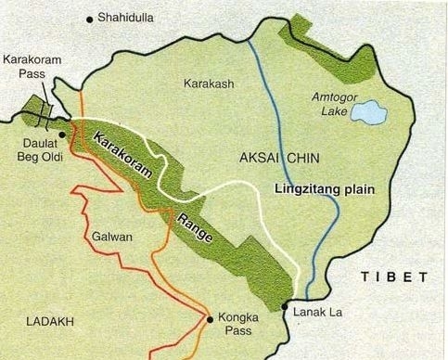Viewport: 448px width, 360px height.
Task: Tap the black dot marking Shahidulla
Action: click(90, 18)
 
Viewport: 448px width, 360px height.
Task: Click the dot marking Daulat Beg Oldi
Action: click(61, 135)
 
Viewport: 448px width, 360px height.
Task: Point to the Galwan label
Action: click(112, 237)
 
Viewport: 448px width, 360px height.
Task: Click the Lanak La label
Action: click(317, 312)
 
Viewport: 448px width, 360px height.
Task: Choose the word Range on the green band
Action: click(194, 225)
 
